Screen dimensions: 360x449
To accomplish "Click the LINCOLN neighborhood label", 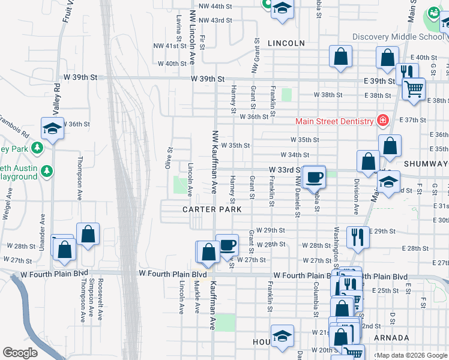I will tap(286, 43).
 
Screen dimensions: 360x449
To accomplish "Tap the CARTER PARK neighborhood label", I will tap(212, 209).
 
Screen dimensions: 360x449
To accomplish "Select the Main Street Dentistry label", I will tap(334, 121).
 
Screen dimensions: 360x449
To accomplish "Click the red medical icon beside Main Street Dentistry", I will tap(381, 121).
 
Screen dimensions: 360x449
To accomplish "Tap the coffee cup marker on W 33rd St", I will tap(314, 176).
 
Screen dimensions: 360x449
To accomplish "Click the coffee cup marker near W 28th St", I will tap(226, 244).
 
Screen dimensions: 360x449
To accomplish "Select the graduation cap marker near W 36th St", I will tap(52, 128).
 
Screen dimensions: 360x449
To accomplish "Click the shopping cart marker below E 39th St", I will tap(413, 89).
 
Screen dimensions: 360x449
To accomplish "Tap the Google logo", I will tap(20, 353).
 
